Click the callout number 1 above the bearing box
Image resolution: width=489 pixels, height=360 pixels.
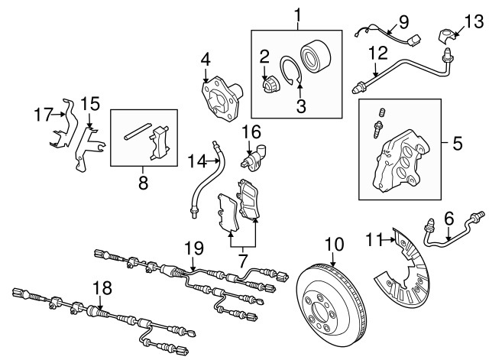point(298,14)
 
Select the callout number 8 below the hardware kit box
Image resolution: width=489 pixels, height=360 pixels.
point(141,183)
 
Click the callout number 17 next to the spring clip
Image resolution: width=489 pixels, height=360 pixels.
point(40,115)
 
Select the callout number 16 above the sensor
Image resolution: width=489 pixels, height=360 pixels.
point(251,131)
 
